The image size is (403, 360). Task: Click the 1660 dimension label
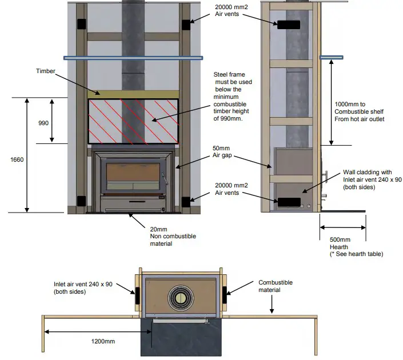point(17,160)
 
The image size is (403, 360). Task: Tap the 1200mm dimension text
point(102,341)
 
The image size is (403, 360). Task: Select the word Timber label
point(45,71)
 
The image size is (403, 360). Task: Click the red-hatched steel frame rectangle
point(132,121)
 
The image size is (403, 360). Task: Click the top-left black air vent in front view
point(82,24)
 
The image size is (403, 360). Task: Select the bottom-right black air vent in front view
point(185,201)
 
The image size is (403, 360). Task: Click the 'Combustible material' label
point(276,286)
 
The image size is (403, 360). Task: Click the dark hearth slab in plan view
point(180,340)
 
